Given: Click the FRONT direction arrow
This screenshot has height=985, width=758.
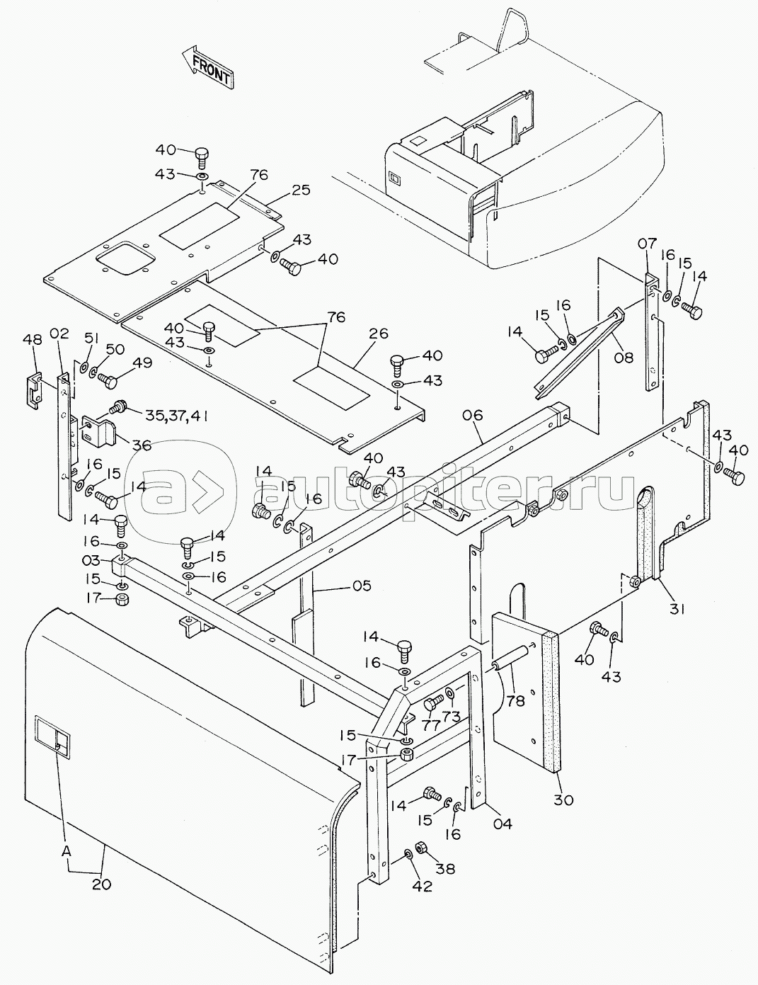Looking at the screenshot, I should pos(207,68).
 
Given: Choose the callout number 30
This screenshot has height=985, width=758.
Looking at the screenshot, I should pos(564,800).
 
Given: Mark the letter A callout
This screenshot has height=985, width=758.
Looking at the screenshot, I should pos(67,853).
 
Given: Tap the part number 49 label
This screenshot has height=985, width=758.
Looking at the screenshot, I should pos(142,363).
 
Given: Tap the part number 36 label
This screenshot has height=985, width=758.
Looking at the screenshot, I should pos(142,445).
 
